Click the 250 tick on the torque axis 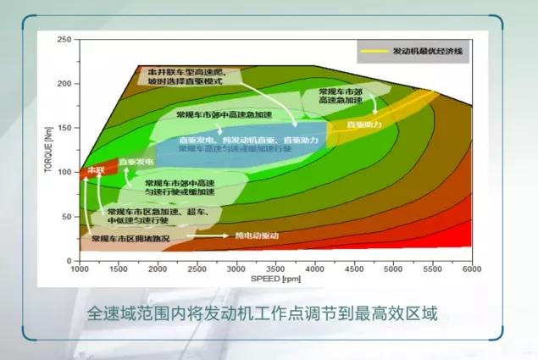(x=69, y=40)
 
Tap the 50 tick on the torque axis (x=70, y=217)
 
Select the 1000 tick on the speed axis (x=80, y=269)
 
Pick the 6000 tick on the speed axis (x=471, y=269)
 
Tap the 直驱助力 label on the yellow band (x=364, y=125)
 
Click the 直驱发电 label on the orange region (x=136, y=161)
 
